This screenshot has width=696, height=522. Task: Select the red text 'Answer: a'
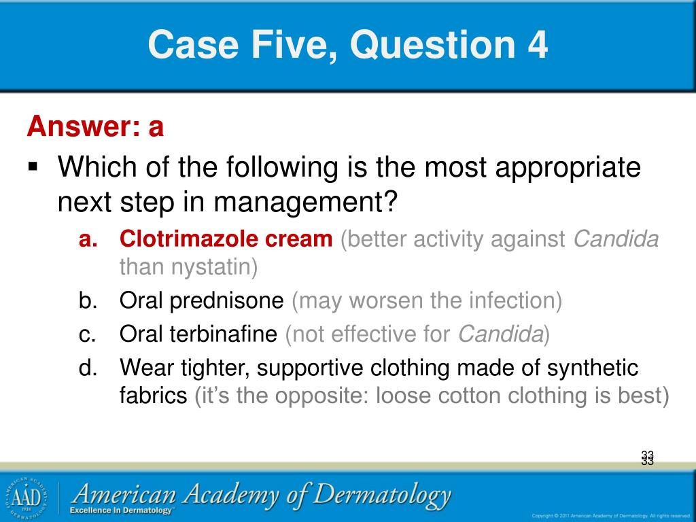tap(95, 126)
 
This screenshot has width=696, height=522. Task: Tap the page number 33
tap(646, 458)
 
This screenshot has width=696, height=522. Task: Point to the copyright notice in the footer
tap(611, 515)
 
